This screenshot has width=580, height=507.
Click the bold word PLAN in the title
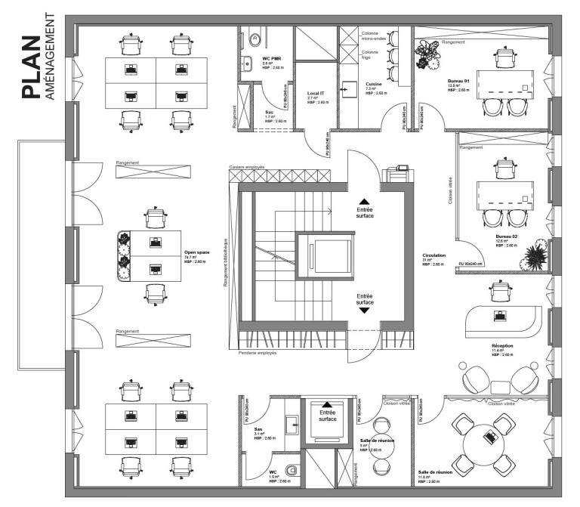coord(31,67)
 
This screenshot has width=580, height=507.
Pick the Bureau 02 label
coord(505,236)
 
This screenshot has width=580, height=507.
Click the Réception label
coord(503,345)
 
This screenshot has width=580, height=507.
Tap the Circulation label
coord(435,255)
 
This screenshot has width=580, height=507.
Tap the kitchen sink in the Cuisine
coord(348,88)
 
